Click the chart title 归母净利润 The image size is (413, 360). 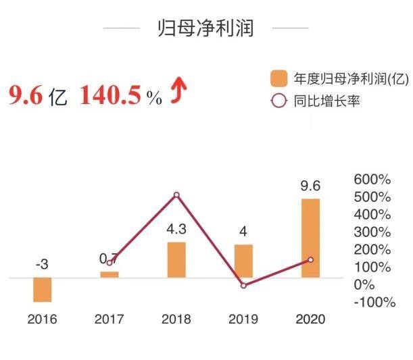(x=205, y=28)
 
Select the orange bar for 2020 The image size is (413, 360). (x=310, y=238)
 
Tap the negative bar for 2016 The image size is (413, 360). (x=42, y=289)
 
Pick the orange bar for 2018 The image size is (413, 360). (x=176, y=259)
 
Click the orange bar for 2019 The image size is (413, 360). (x=243, y=261)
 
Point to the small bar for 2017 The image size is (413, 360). (x=110, y=274)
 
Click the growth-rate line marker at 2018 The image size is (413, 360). (x=176, y=195)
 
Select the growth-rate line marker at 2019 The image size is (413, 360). (x=243, y=285)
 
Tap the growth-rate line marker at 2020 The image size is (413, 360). (x=310, y=259)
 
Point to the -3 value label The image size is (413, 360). (x=42, y=265)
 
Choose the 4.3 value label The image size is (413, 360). (x=176, y=230)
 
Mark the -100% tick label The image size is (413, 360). (x=374, y=302)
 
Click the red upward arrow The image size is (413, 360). (x=177, y=95)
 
